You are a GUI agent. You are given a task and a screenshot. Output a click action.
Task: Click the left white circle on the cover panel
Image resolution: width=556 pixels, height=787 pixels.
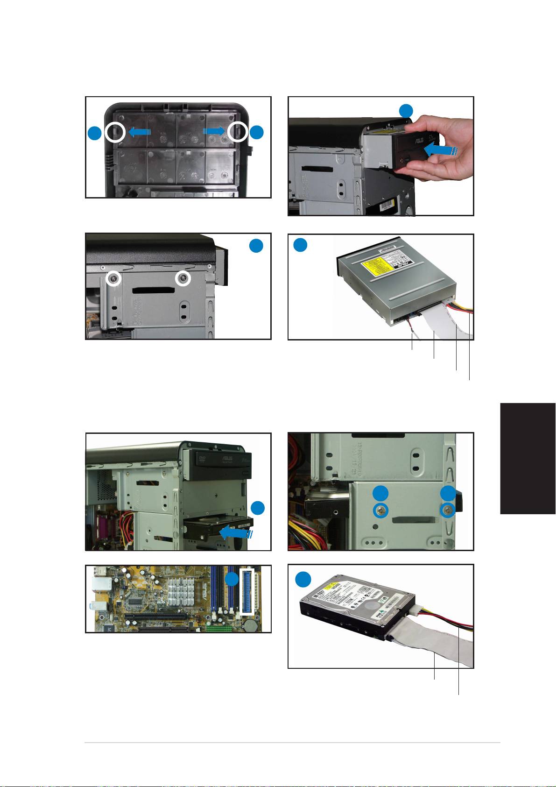tap(114, 133)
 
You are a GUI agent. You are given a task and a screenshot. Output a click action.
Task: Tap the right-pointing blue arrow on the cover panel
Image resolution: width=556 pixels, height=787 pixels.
tap(214, 132)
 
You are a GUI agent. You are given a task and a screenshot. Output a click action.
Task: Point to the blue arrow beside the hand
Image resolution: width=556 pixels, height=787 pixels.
tap(441, 150)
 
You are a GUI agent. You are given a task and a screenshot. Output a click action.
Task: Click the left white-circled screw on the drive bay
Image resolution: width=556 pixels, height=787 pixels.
tap(113, 279)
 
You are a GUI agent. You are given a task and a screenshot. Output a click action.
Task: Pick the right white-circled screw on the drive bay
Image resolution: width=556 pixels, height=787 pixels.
tap(183, 279)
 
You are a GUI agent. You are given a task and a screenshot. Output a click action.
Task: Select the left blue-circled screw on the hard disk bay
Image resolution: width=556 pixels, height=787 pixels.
tap(381, 511)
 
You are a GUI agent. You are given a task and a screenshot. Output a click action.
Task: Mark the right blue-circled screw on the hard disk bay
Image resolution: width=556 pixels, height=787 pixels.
tap(449, 511)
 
